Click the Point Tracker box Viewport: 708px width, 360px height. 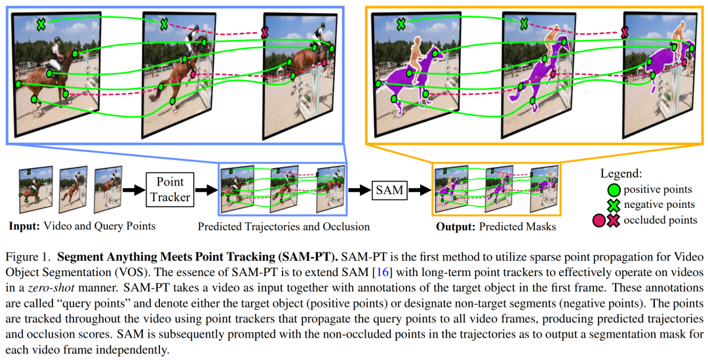click(170, 190)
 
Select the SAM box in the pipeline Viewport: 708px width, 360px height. click(389, 190)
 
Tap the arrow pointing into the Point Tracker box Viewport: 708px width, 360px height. click(133, 190)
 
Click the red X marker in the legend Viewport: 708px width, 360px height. click(613, 221)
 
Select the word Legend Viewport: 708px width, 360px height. click(620, 174)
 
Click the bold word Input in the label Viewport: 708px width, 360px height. click(24, 226)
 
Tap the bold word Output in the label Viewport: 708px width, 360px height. click(456, 226)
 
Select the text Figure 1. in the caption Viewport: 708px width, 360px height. click(26, 259)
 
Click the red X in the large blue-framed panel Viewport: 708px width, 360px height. click(265, 33)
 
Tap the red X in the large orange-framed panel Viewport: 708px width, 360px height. click(625, 33)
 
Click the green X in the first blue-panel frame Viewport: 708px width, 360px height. click(41, 24)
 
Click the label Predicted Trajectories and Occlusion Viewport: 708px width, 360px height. click(284, 226)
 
